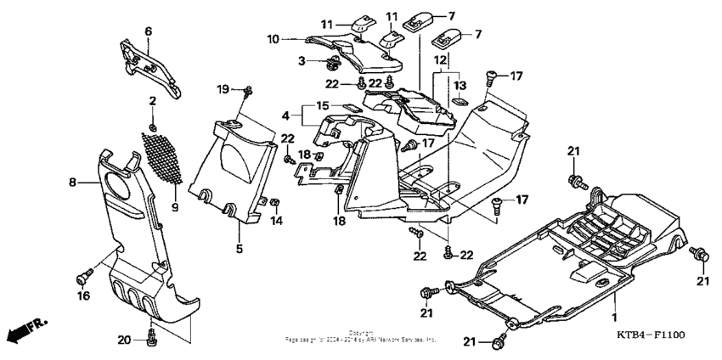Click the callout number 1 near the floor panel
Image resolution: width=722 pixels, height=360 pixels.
click(x=614, y=315)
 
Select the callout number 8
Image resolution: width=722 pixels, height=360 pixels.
click(x=72, y=181)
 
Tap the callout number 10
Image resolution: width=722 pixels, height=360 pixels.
click(x=274, y=39)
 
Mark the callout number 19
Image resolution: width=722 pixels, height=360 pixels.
click(x=223, y=89)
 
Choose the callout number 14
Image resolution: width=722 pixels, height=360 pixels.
click(x=274, y=222)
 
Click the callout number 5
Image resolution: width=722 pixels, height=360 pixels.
click(x=239, y=249)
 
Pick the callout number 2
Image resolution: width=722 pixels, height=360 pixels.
click(x=152, y=102)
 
